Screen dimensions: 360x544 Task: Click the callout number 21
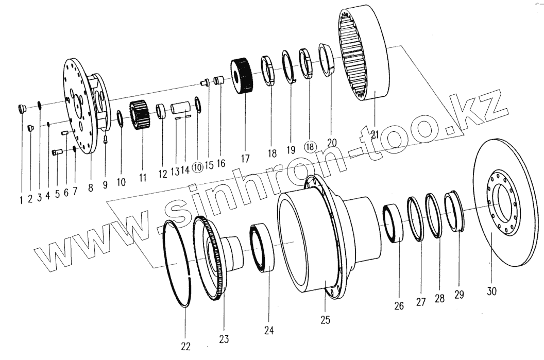(x=375, y=135)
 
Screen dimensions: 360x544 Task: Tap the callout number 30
(x=491, y=291)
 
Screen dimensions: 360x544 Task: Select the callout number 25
(x=325, y=320)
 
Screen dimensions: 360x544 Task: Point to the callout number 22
(x=186, y=346)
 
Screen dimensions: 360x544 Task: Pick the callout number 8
(x=91, y=188)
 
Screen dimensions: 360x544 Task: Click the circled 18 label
(x=310, y=146)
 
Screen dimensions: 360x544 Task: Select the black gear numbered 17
(x=243, y=76)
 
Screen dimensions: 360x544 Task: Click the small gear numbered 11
(x=139, y=116)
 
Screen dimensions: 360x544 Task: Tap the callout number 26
(x=399, y=306)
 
